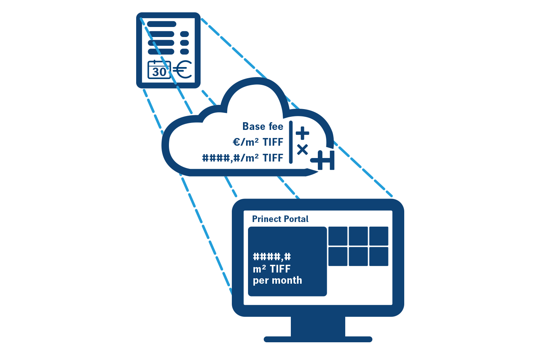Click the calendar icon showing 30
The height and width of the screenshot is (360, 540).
(x=159, y=70)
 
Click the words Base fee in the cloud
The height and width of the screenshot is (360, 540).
(x=263, y=126)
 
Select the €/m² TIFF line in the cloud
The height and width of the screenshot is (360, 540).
(x=258, y=142)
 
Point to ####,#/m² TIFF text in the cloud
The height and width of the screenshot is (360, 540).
(x=243, y=158)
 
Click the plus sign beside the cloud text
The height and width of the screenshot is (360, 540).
(x=302, y=133)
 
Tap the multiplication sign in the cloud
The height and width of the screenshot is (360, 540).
(x=302, y=149)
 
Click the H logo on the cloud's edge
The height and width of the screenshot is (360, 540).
(x=324, y=160)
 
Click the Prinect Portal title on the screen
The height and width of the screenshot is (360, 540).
(x=280, y=219)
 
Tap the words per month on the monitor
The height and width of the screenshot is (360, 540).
(x=277, y=281)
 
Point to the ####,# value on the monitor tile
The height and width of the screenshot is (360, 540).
(x=272, y=257)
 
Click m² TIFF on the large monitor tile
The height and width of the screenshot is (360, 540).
(x=272, y=269)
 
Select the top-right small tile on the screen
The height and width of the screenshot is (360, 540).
(x=378, y=236)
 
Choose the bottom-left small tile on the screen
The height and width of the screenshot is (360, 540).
(x=337, y=256)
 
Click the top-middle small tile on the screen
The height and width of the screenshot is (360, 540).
(x=358, y=236)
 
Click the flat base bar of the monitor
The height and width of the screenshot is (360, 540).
(x=318, y=339)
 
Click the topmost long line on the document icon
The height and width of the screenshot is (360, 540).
(x=162, y=24)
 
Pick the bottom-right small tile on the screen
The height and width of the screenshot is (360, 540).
(x=378, y=256)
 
